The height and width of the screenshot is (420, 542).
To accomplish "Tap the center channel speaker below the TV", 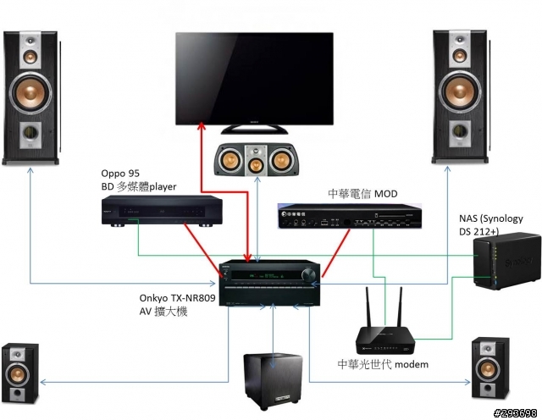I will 256,157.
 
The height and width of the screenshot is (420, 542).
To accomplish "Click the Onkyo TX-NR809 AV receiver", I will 269,284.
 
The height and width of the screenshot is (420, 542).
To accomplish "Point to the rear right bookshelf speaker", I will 490,367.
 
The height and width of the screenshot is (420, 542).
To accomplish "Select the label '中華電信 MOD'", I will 362,194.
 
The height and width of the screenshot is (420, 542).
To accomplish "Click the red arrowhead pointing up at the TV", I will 201,125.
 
